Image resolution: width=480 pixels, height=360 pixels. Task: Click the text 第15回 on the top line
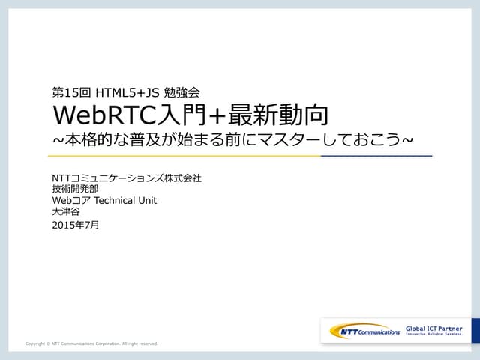point(71,93)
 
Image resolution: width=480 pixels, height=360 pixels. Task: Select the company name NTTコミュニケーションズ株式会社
point(127,178)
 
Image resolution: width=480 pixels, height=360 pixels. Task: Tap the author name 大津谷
point(65,212)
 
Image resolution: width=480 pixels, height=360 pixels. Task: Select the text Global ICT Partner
point(433,328)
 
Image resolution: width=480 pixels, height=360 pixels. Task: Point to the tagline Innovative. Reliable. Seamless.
point(433,334)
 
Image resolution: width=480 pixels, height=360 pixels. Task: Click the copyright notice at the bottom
point(91,343)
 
